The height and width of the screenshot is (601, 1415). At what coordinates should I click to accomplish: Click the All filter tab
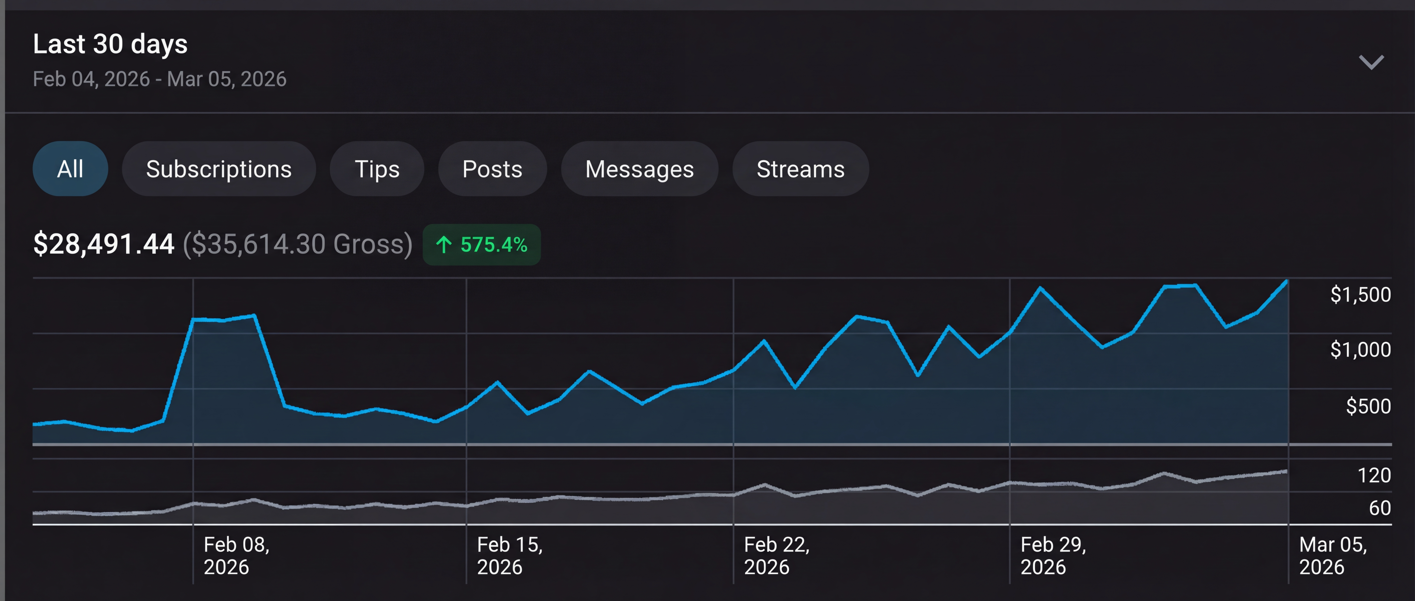point(70,169)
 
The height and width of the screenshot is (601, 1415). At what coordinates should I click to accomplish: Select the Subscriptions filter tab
point(219,169)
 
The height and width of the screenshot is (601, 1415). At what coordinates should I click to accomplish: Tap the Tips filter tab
point(377,169)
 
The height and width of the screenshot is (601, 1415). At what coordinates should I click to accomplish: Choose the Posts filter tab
point(492,169)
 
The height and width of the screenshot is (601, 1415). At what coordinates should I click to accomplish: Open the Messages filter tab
point(639,169)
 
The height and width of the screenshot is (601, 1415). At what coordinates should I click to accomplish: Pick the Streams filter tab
point(800,169)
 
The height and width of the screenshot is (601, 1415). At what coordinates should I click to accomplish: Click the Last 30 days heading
point(110,44)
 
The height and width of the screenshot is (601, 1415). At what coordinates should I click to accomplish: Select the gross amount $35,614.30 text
point(297,244)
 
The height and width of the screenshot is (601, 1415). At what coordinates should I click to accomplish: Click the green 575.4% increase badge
point(482,245)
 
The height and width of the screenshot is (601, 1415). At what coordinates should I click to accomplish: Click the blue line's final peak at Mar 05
point(1286,281)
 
